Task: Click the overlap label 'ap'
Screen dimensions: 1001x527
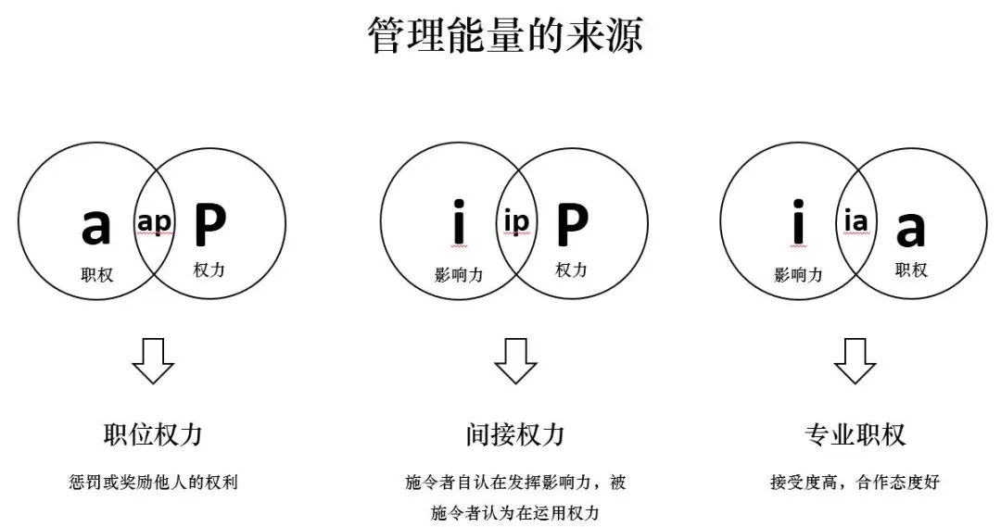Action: (x=155, y=222)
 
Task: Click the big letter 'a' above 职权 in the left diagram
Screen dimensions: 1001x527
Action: (x=95, y=225)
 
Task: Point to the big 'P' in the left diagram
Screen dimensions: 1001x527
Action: (x=210, y=223)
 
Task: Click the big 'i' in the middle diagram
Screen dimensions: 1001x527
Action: (x=457, y=223)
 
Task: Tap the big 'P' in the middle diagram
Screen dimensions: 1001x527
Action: (x=572, y=223)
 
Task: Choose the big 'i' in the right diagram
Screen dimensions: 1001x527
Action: (x=797, y=223)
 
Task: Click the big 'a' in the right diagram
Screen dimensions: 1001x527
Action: (x=910, y=228)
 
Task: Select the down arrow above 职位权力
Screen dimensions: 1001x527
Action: (x=153, y=360)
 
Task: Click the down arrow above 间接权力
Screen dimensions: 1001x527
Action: (x=515, y=360)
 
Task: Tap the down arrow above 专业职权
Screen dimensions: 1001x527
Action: (x=855, y=360)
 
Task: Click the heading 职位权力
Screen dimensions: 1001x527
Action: (x=153, y=435)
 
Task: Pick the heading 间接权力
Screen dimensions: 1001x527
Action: (x=515, y=435)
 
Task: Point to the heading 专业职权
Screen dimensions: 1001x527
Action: (x=855, y=435)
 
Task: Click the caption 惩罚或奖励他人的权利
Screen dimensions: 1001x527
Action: (x=153, y=483)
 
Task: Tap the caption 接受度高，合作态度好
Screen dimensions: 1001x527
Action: (x=855, y=483)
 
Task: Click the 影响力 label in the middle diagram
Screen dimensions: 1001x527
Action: (x=459, y=275)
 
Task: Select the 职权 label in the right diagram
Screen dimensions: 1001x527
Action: (x=911, y=270)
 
